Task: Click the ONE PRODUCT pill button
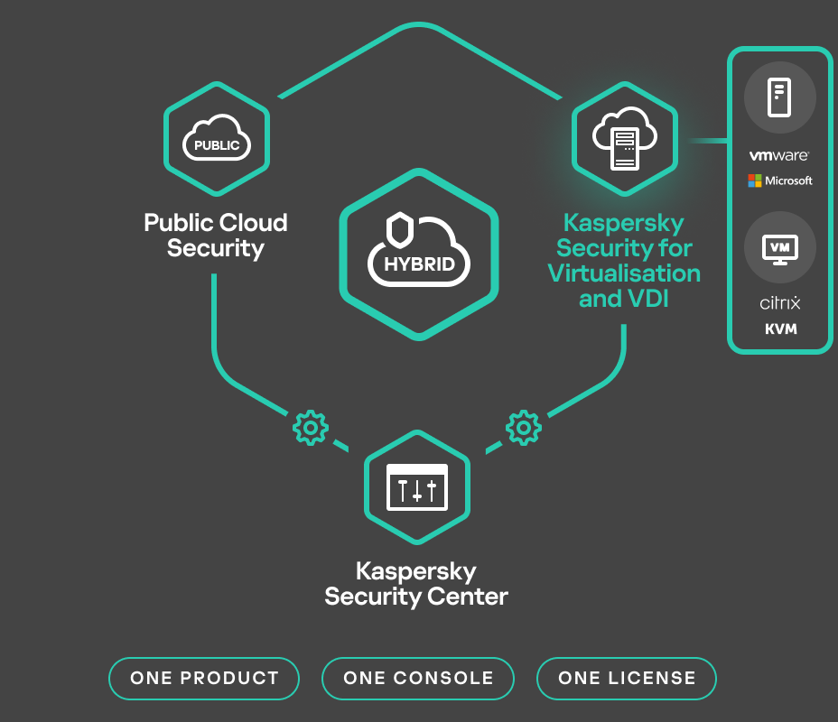pos(204,679)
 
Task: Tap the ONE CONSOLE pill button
pos(418,679)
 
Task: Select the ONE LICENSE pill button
pos(627,679)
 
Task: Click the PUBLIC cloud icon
pos(217,140)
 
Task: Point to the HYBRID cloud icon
pos(418,253)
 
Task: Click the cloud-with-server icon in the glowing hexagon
pos(624,140)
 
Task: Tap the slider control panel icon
pos(416,487)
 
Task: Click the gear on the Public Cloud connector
pos(311,427)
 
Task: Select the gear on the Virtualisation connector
pos(523,427)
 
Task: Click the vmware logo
pos(779,156)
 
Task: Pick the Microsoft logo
pos(779,180)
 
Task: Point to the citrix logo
pos(780,302)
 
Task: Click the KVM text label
pos(780,329)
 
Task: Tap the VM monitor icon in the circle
pos(780,246)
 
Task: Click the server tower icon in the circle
pos(779,97)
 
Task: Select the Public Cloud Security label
pos(216,236)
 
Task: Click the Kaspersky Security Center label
pos(416,584)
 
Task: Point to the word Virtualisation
pos(624,273)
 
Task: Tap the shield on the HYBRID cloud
pos(398,229)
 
